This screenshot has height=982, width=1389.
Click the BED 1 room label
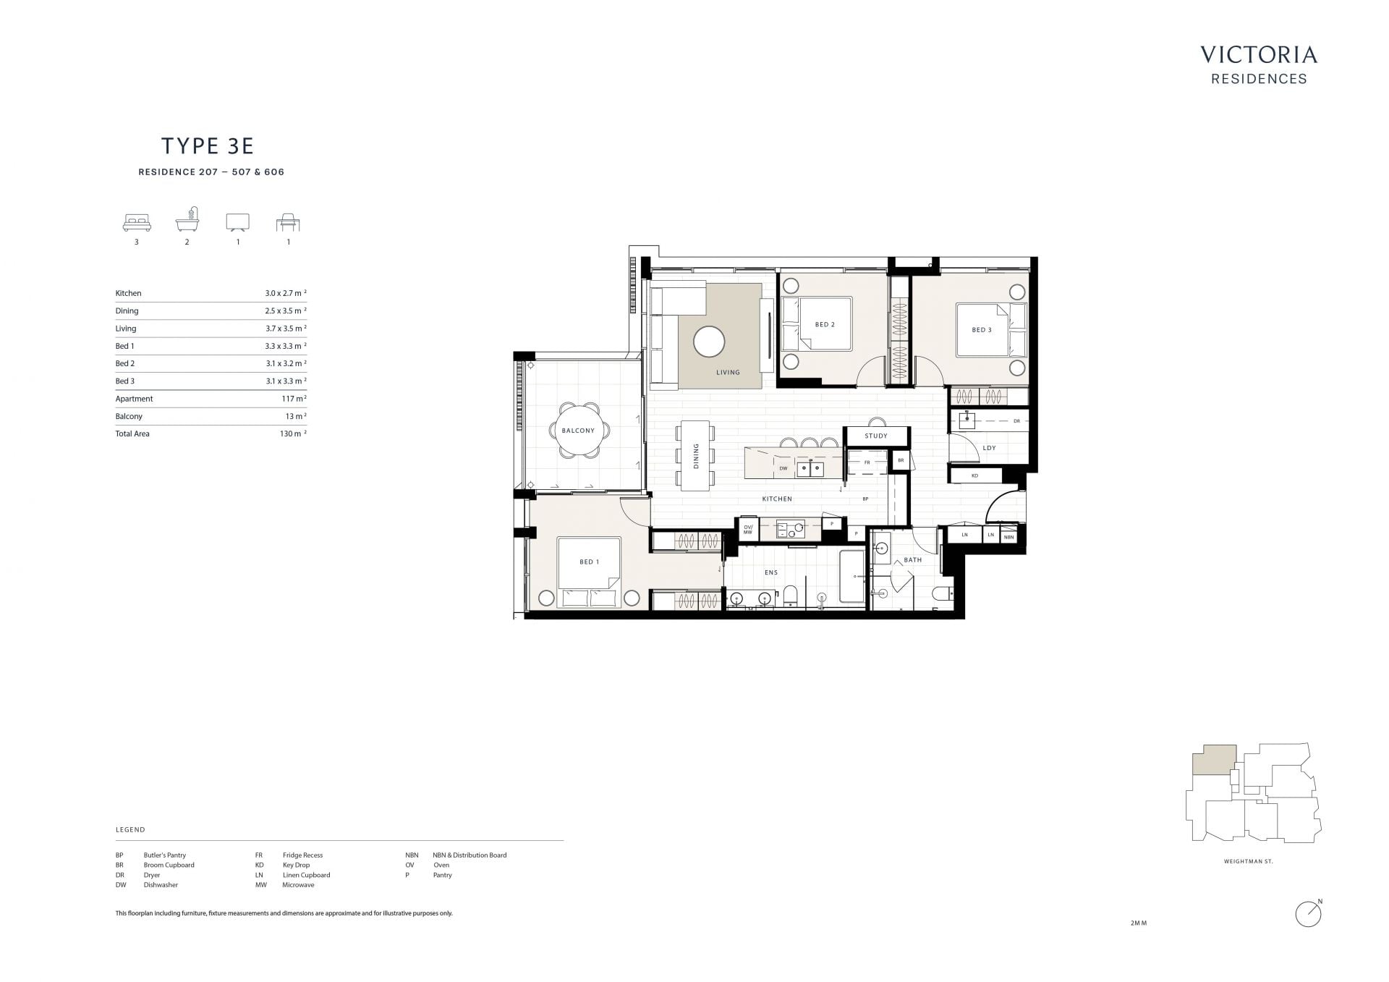coord(589,562)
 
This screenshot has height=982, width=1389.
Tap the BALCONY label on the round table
coord(578,431)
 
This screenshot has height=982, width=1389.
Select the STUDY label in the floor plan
coord(875,436)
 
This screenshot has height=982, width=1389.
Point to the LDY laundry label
coord(989,448)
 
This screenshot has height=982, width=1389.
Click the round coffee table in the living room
coord(709,342)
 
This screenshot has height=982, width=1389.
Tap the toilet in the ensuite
coord(790,595)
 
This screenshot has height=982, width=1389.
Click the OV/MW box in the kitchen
coord(748,529)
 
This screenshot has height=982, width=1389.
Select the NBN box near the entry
coord(1009,536)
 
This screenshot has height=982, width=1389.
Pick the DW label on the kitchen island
coord(783,468)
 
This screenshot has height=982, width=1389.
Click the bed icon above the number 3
coord(137,222)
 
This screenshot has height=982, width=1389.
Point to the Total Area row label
coord(132,433)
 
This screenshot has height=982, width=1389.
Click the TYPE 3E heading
coord(208,146)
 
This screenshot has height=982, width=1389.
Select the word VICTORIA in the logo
coord(1259,55)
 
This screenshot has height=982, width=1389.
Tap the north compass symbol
coord(1309,914)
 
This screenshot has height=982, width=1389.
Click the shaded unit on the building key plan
coord(1212,761)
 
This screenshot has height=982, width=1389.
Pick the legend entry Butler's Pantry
coord(164,855)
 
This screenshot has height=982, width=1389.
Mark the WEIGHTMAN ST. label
coord(1248,862)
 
